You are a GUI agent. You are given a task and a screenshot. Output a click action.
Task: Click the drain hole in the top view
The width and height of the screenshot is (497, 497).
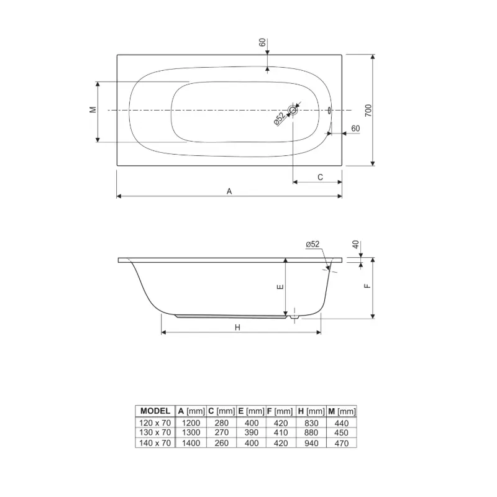(293, 111)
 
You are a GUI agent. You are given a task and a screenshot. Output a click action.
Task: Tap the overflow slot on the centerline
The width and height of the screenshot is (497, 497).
(329, 111)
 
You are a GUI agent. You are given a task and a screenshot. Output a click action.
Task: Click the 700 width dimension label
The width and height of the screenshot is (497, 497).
(368, 111)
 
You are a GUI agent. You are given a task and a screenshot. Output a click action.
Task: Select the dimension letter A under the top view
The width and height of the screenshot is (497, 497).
(229, 191)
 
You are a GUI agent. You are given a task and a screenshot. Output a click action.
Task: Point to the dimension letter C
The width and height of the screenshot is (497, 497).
(320, 177)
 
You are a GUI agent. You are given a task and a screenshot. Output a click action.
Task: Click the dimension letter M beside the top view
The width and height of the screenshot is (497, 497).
(93, 110)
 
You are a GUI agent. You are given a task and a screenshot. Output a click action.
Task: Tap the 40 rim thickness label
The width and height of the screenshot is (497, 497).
(355, 244)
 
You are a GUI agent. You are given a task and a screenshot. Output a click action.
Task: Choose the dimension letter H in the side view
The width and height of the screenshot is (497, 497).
(237, 327)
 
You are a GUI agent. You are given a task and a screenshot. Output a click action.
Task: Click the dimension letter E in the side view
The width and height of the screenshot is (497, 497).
(280, 287)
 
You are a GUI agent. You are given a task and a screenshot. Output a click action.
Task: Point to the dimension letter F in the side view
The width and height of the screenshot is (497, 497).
(367, 286)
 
